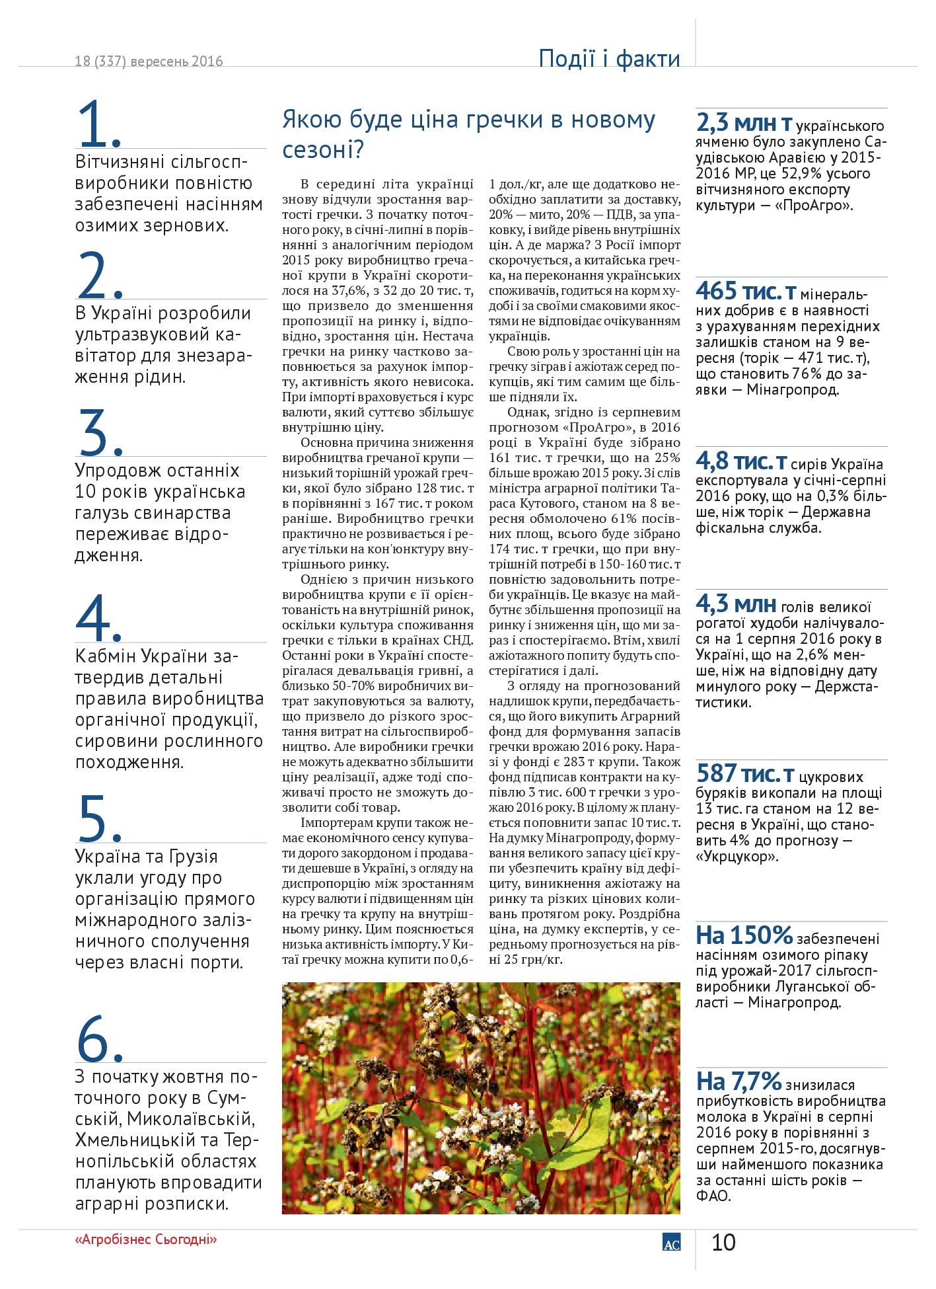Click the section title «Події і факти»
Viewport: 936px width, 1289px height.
pos(609,59)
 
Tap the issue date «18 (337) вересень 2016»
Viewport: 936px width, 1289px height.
pos(149,61)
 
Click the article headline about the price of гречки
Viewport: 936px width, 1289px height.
pos(468,135)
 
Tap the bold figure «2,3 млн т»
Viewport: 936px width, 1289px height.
pos(744,124)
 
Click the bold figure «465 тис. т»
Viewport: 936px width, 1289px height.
pos(746,292)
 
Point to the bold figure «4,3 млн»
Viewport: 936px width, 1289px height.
pos(736,604)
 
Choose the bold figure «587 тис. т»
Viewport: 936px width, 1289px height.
pos(745,774)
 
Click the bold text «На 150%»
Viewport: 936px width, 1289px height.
pos(744,936)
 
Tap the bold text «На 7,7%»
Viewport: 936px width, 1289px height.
pos(738,1082)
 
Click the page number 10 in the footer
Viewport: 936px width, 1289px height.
pos(723,1243)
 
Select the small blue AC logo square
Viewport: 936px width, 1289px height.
pos(671,1243)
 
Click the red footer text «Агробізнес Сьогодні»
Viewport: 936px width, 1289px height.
pos(146,1239)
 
